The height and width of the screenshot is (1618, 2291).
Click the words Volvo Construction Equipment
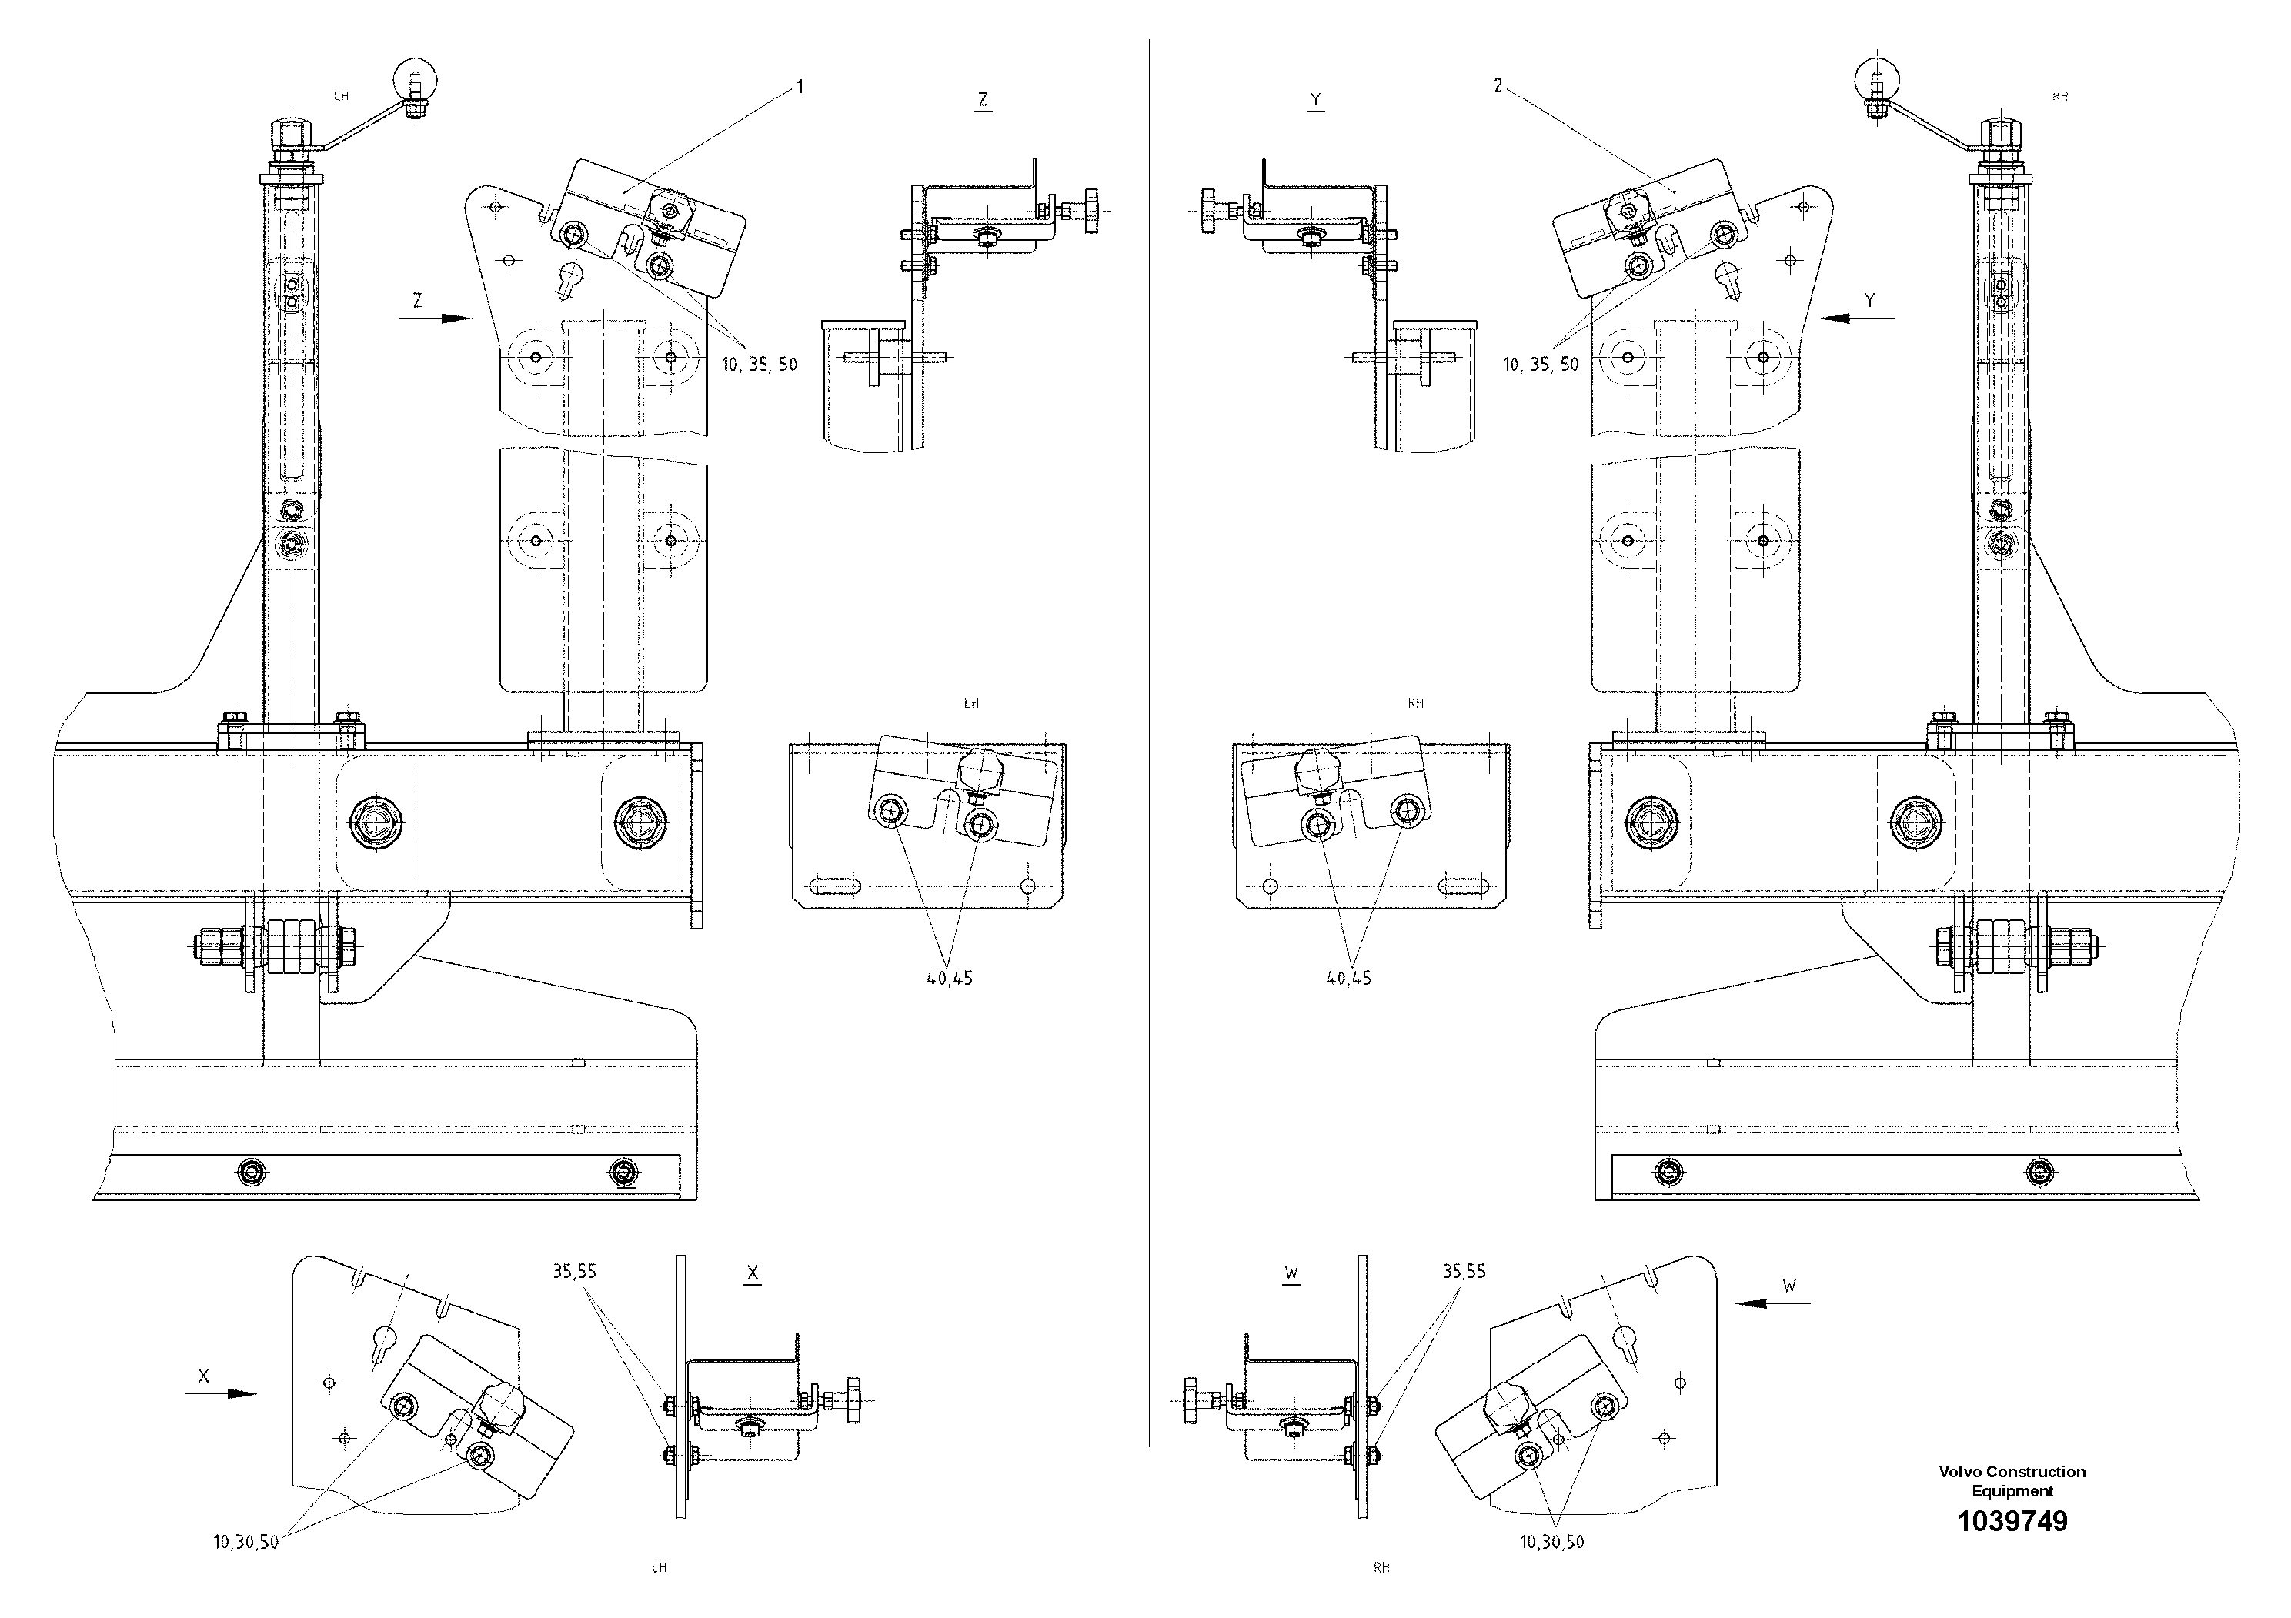coord(2012,1481)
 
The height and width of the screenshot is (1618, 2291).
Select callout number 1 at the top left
coord(800,88)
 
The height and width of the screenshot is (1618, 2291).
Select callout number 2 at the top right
coord(1498,87)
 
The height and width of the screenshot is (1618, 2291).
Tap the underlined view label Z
coord(983,100)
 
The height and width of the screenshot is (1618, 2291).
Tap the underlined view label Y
coord(1316,100)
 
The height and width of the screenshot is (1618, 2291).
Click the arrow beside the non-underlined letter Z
coord(442,319)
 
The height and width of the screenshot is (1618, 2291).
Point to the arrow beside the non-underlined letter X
coord(222,1393)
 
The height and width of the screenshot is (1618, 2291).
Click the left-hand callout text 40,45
coord(949,979)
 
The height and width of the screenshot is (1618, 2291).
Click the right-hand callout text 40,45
coord(1348,979)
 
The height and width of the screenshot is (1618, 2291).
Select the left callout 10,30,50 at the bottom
coord(245,1542)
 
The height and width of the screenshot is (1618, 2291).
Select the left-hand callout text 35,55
coord(574,1272)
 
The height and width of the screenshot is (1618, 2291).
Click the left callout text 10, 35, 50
coord(760,365)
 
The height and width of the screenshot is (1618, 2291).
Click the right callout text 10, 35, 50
coord(1541,365)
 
